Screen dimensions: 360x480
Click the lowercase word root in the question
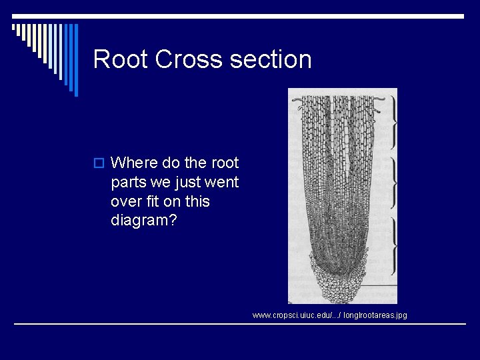pos(225,163)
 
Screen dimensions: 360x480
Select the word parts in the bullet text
pos(129,182)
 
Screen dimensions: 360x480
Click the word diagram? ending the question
pos(144,221)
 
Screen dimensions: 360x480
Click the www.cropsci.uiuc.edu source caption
pos(329,315)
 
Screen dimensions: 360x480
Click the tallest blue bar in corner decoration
pos(75,60)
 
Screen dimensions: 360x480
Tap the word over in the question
pos(126,201)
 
